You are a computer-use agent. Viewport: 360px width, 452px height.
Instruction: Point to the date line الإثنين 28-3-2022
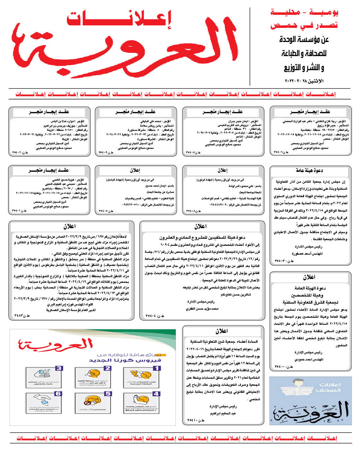point(304,81)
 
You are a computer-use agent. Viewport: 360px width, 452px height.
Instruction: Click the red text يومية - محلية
point(304,13)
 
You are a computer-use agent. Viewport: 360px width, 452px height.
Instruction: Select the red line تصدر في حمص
point(304,25)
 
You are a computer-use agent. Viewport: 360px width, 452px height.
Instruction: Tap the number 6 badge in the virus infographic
point(58,393)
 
